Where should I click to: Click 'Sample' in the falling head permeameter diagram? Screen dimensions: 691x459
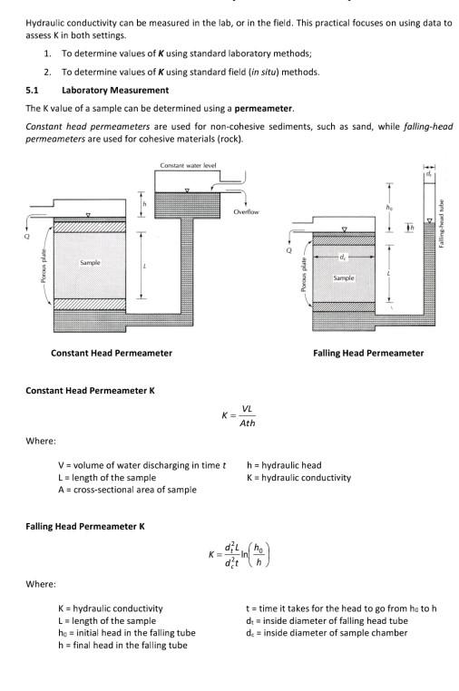click(343, 277)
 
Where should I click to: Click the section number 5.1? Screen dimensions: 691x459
click(32, 91)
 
